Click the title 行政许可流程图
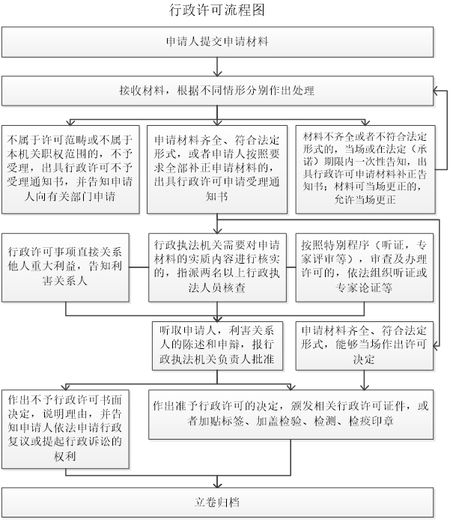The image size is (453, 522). click(x=218, y=11)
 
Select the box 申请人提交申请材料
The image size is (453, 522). click(x=216, y=40)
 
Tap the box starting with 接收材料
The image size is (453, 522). click(x=216, y=91)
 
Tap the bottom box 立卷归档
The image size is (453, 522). click(x=216, y=503)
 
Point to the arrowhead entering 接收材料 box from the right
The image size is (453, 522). click(x=438, y=91)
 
